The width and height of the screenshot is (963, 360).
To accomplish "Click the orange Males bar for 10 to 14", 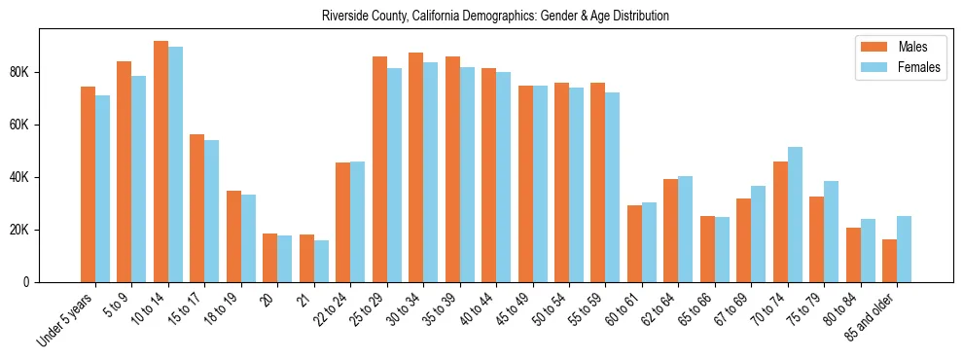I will pos(160,162).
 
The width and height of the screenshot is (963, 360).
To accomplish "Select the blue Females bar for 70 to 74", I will pos(795,214).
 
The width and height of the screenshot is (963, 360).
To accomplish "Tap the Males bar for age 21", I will pos(306,258).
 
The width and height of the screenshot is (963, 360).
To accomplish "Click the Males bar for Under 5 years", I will pos(88,184).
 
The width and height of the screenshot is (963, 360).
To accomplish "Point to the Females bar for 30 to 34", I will pos(430,172).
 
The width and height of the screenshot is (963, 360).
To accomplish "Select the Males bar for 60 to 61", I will pos(634,243).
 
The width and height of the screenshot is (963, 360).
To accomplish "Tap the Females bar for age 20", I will pos(284,259).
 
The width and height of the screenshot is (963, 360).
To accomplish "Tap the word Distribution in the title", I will pos(641,17).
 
